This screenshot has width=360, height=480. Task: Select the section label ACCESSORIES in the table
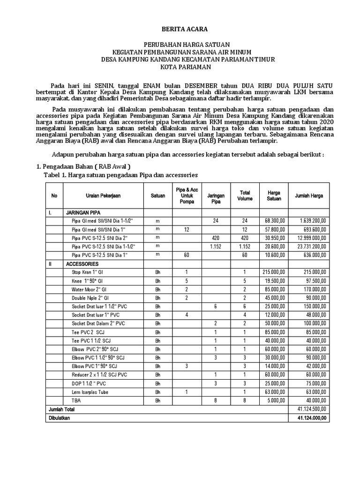point(82,264)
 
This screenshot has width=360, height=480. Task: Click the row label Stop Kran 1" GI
point(88,272)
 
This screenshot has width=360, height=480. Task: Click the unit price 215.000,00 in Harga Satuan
point(273,272)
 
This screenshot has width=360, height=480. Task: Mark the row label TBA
point(75,400)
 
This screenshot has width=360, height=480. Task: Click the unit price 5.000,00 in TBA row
point(276,400)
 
